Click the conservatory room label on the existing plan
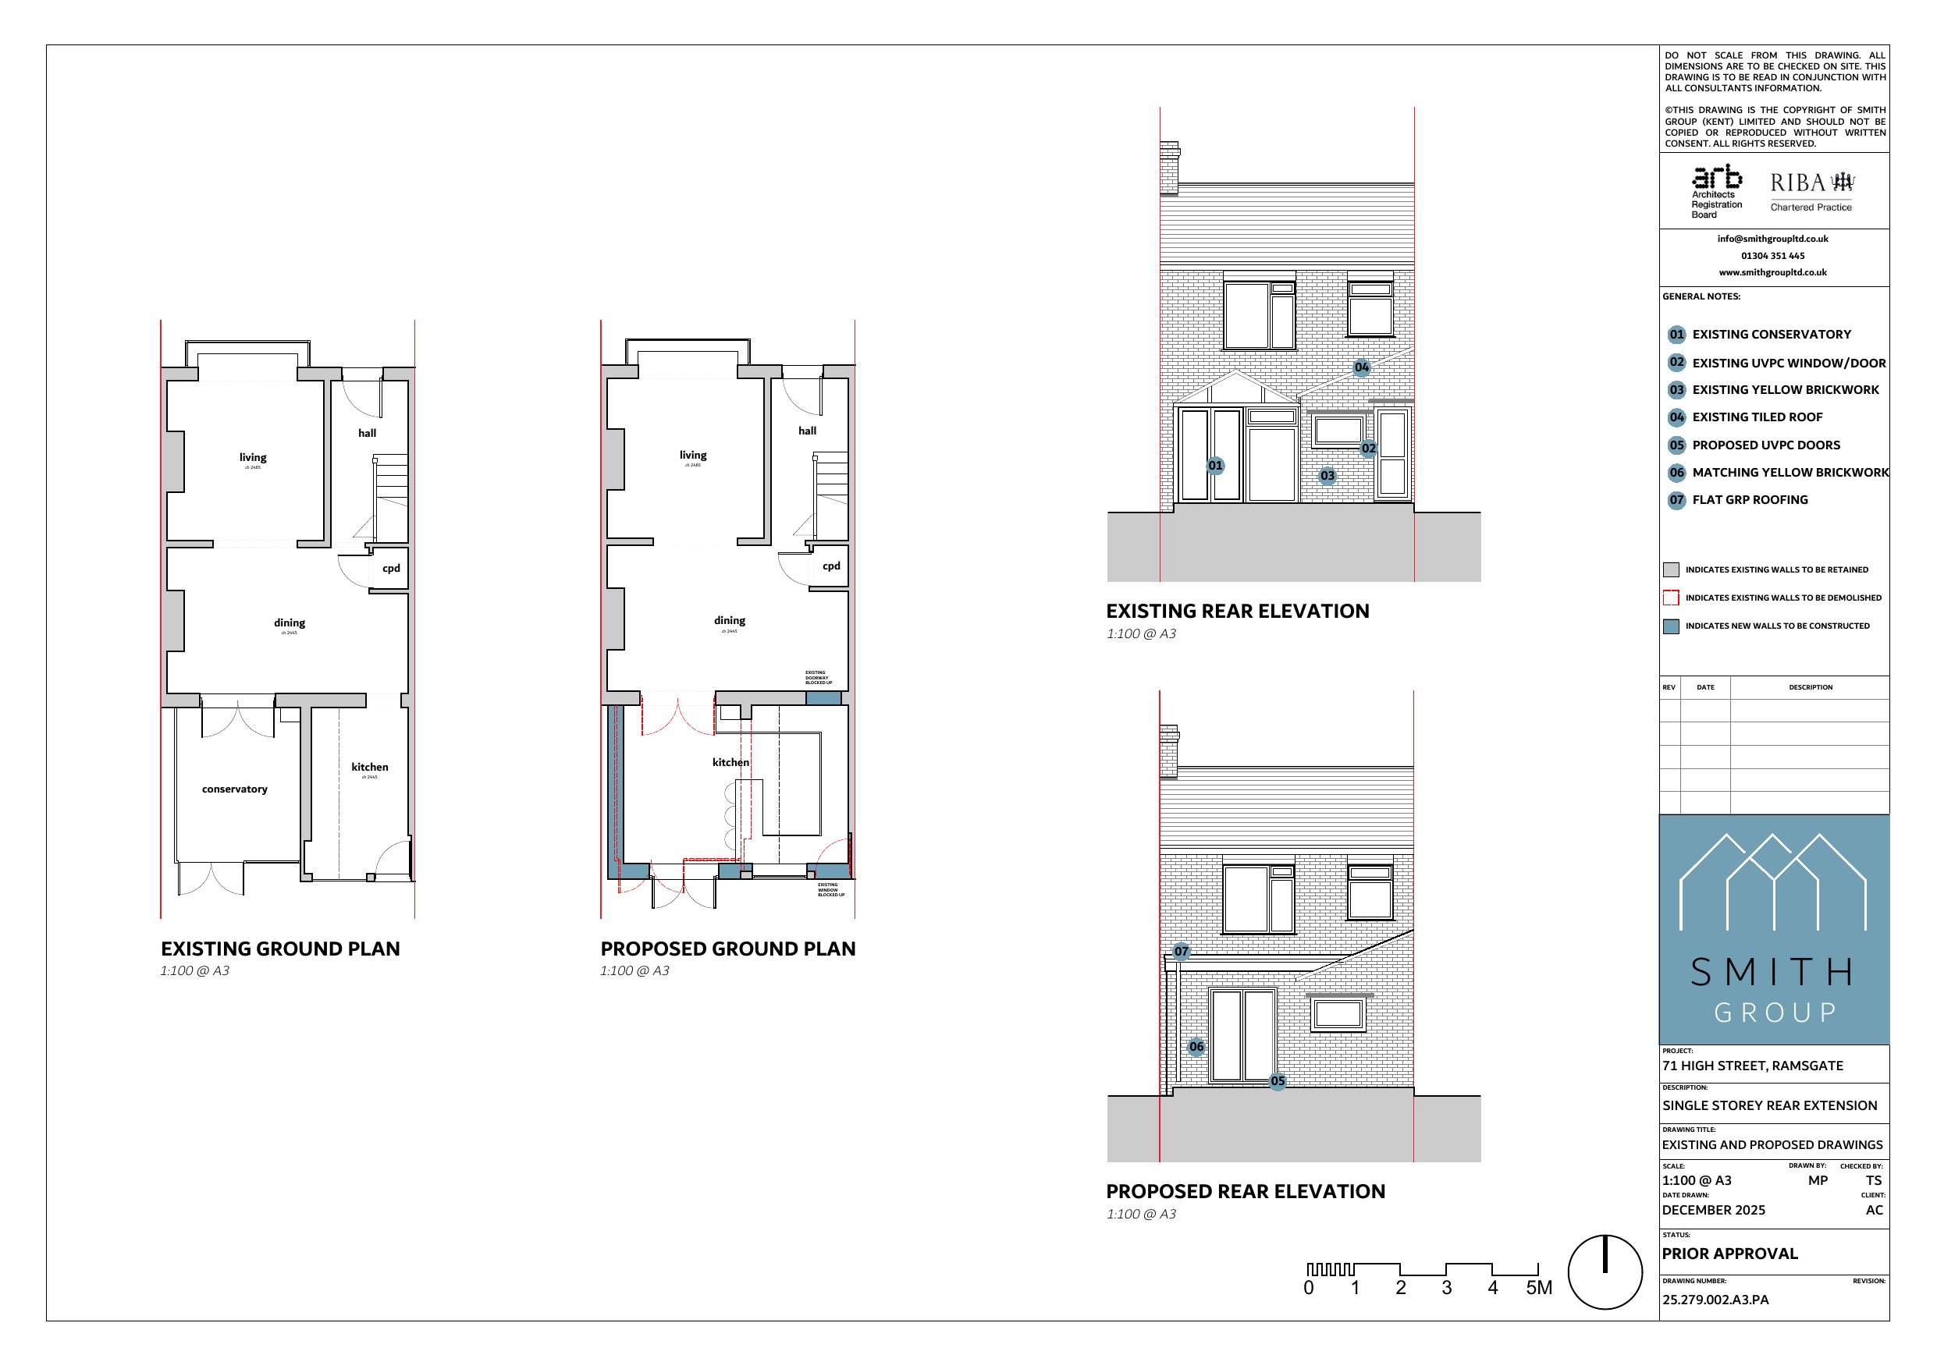[235, 789]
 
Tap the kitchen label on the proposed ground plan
[730, 763]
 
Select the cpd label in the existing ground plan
[392, 569]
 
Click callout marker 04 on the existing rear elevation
[1362, 367]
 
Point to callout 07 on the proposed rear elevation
[1181, 952]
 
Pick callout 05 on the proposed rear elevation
[1278, 1080]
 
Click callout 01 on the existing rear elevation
[1215, 465]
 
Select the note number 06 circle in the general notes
[1677, 473]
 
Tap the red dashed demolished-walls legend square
[1671, 598]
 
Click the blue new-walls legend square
[1671, 626]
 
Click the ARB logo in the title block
[1717, 190]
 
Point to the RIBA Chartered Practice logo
[1811, 191]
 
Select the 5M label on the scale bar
[1539, 1288]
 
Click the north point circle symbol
[1605, 1272]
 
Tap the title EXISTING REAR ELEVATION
[1238, 612]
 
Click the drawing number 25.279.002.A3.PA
[1716, 1300]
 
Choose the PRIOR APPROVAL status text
[1730, 1254]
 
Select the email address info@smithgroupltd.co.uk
[1772, 239]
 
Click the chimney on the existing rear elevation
[1169, 167]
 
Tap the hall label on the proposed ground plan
[808, 431]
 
